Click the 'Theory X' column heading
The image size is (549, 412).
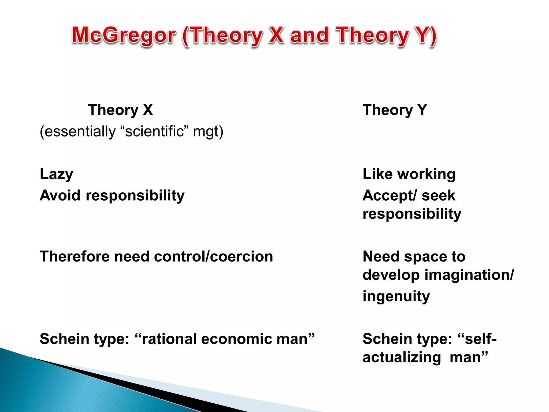coord(120,110)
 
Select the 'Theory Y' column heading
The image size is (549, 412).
coord(395,110)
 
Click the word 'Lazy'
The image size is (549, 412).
coord(56,174)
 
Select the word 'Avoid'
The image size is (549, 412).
coord(60,195)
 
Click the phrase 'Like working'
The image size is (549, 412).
coord(409,174)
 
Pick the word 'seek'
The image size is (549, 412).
coord(439,195)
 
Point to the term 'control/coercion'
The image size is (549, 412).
coord(213,256)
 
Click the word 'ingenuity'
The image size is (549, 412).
coord(396,297)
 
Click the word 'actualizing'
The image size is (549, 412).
coord(402,358)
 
